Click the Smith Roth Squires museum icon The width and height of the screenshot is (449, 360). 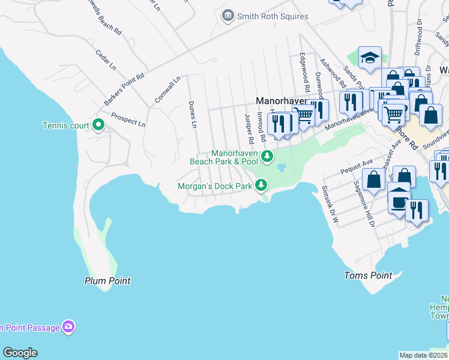pyautogui.click(x=228, y=16)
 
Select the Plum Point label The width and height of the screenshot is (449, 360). pyautogui.click(x=107, y=281)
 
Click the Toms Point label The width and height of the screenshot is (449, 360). pyautogui.click(x=368, y=275)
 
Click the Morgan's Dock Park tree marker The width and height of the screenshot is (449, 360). pyautogui.click(x=261, y=186)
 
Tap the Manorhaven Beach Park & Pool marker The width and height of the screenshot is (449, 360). pyautogui.click(x=267, y=157)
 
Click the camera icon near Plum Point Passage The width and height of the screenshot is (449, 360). pyautogui.click(x=69, y=327)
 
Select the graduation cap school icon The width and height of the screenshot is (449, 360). pyautogui.click(x=370, y=58)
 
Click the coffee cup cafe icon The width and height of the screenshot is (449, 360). pyautogui.click(x=399, y=201)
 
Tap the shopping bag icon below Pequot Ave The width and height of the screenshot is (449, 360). pyautogui.click(x=373, y=179)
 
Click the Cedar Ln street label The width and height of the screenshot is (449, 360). pyautogui.click(x=106, y=60)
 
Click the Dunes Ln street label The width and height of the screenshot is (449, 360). pyautogui.click(x=193, y=114)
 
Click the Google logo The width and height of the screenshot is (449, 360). pyautogui.click(x=20, y=353)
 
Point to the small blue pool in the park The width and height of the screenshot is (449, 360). pyautogui.click(x=282, y=167)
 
